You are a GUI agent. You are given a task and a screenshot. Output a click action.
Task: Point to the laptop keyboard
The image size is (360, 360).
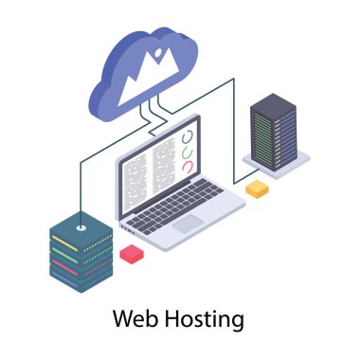pos(180,201)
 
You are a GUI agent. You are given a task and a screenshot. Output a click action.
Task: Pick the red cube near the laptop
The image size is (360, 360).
pos(131,254)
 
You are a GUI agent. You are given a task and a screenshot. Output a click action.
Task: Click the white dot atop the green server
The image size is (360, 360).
pos(81,226)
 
